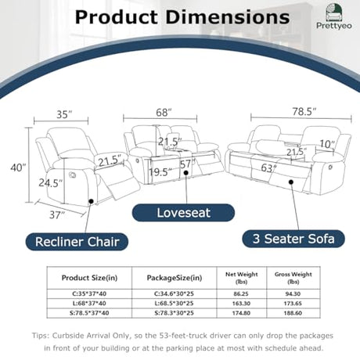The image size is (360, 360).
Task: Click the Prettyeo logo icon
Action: coord(334,12)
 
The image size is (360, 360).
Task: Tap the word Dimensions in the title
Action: coord(227,17)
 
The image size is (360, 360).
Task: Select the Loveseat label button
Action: coord(183,213)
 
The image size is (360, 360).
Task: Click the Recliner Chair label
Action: coord(77,242)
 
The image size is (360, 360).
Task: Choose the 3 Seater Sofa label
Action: coord(293,239)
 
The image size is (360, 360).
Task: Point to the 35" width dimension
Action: coord(64,114)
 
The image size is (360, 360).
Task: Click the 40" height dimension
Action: coord(18,167)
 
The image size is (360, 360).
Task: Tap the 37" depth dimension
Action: coord(57,215)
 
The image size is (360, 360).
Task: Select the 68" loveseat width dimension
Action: coord(164,113)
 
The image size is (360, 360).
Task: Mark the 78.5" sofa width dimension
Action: coord(304,112)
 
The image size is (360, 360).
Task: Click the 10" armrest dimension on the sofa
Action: coord(327,144)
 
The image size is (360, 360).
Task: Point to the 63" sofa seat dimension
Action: coord(269,168)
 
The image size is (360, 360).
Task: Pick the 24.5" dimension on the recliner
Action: coord(51,183)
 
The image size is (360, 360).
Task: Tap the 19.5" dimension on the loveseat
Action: coord(160,172)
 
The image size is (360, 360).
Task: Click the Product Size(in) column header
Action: coord(89,278)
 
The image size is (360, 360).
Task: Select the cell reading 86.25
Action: coord(241,293)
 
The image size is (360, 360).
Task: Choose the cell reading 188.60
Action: coord(293,313)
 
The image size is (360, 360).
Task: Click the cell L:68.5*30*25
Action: coord(174,304)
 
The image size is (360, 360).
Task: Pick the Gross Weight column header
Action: coord(293,278)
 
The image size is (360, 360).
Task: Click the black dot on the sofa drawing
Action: coord(291,182)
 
